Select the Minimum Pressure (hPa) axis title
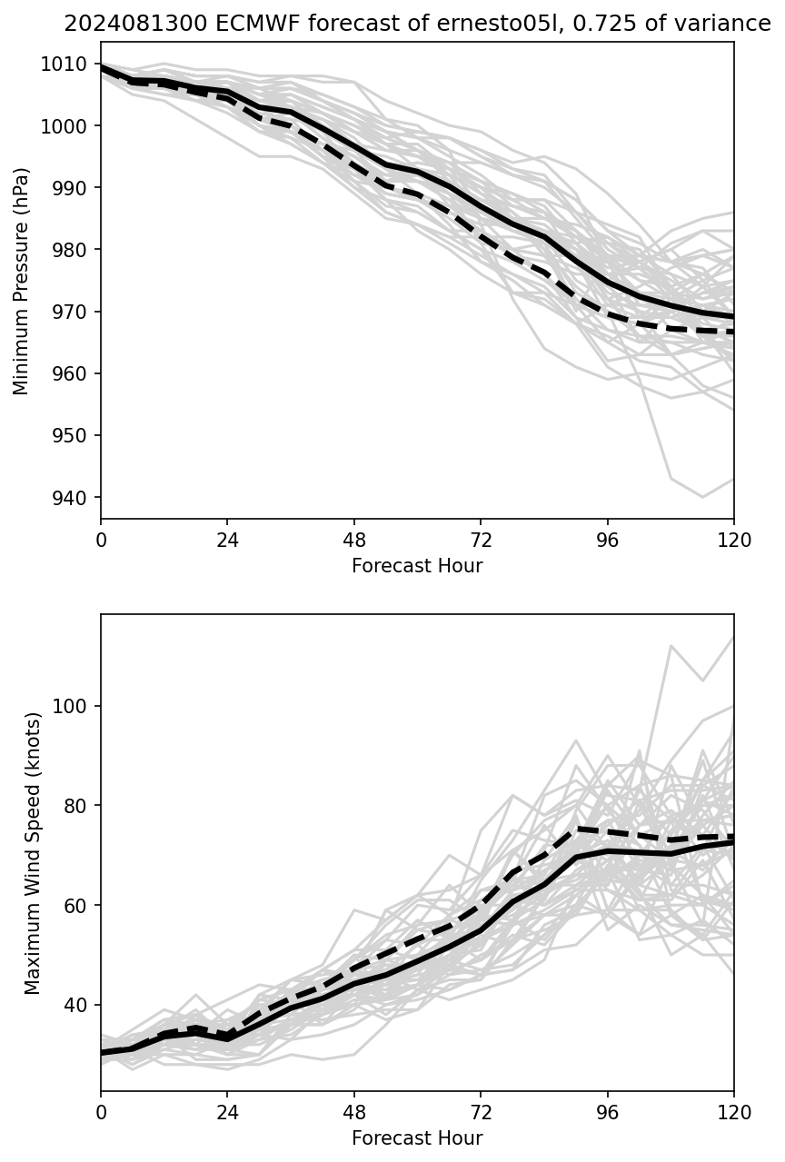22,281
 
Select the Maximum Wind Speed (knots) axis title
33,853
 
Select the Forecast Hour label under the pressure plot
417,566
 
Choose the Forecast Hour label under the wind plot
417,1138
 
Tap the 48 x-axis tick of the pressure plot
354,540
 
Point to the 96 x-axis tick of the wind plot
607,1112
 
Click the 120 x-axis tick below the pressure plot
733,540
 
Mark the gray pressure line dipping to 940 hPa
701,496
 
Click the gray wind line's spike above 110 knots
671,647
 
